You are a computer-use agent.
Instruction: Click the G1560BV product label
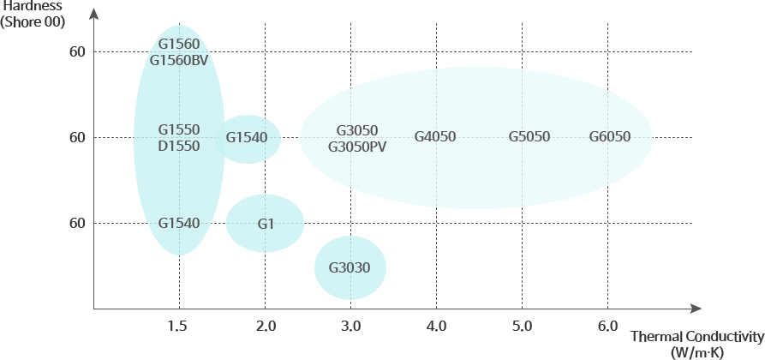click(179, 60)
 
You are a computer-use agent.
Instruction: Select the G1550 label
click(179, 129)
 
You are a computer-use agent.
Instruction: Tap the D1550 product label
click(179, 146)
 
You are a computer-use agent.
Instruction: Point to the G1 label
click(266, 224)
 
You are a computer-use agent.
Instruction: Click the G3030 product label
click(350, 267)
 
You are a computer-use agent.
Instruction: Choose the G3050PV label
click(357, 147)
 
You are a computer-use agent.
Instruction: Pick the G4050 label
click(435, 137)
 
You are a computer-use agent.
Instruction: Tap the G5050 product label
click(529, 137)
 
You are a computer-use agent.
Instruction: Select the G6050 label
click(610, 137)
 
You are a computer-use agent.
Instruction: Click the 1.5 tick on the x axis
click(179, 327)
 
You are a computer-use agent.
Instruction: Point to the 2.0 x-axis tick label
click(266, 327)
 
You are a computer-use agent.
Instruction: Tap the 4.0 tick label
click(436, 327)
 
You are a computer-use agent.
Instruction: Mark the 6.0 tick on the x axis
click(607, 327)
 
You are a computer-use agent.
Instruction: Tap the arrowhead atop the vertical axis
click(93, 13)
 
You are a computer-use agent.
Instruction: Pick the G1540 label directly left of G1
click(179, 224)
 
